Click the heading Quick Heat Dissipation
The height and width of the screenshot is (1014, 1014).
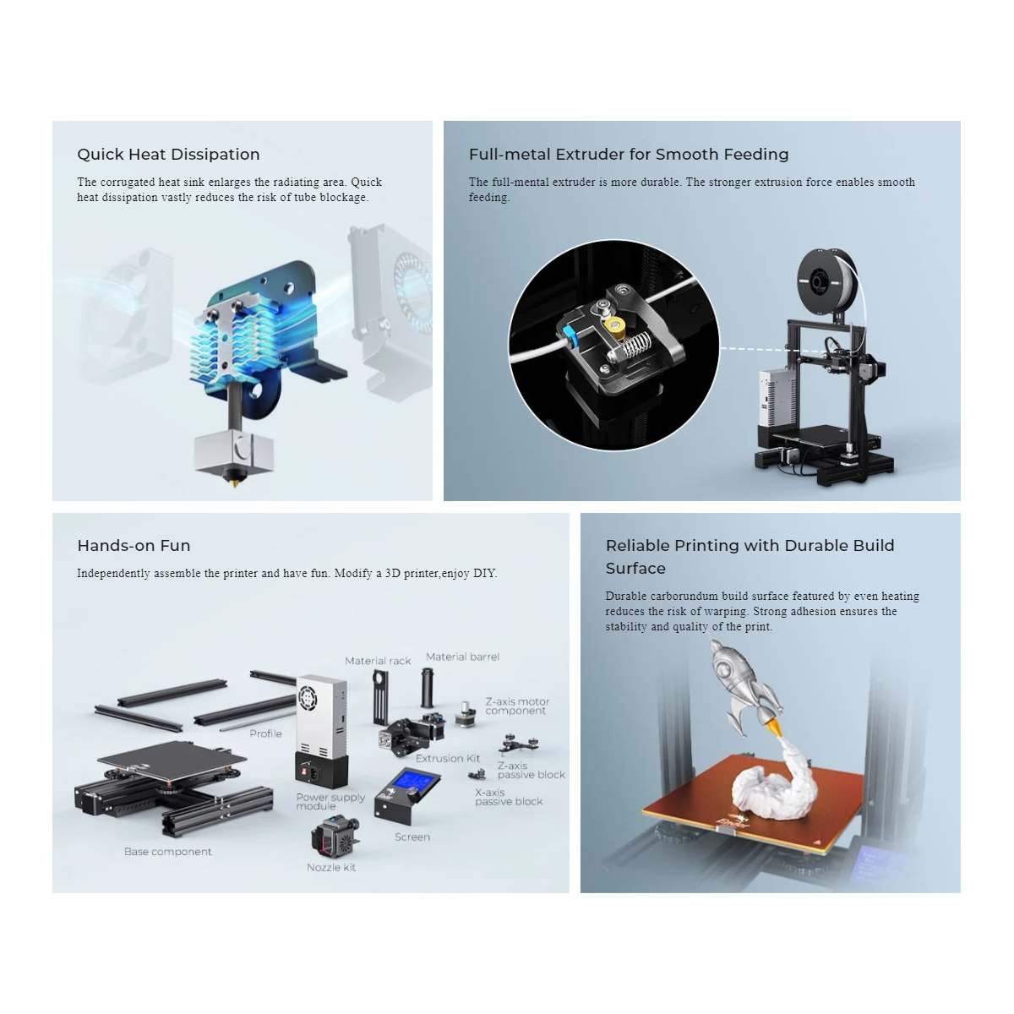point(168,154)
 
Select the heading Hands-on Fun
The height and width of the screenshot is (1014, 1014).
point(134,546)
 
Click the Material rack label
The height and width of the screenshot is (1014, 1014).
point(377,661)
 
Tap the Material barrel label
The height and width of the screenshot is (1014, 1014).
point(462,657)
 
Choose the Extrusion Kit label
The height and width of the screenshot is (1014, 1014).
point(448,758)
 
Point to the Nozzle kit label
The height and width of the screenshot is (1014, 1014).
point(331,868)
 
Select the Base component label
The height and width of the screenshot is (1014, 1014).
point(168,852)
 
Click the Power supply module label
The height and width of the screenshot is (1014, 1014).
point(330,801)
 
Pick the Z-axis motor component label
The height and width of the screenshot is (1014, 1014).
point(517,706)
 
